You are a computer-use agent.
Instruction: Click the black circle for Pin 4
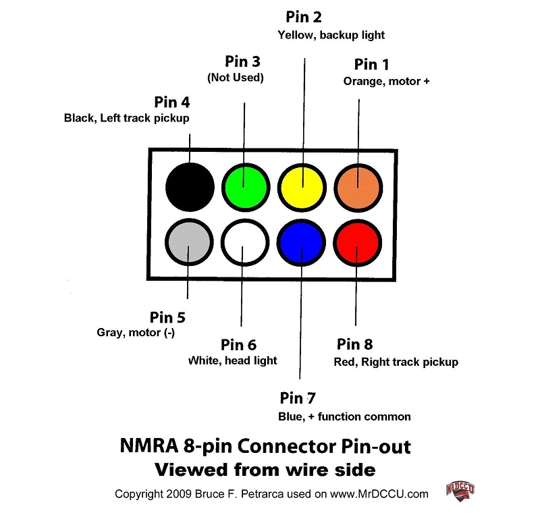tap(190, 184)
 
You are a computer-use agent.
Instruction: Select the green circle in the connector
tap(246, 184)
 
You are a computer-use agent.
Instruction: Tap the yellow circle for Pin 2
tap(302, 184)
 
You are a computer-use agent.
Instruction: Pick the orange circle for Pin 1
tap(358, 184)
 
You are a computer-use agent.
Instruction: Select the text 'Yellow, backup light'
tap(331, 34)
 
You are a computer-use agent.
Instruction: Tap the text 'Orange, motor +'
tap(386, 81)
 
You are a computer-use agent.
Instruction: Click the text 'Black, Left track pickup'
tap(126, 118)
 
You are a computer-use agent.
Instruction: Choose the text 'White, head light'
tap(232, 360)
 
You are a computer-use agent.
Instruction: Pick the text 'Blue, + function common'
tap(344, 416)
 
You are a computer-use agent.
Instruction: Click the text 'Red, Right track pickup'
tap(396, 362)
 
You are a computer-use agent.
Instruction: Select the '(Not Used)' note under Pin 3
tap(235, 78)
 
